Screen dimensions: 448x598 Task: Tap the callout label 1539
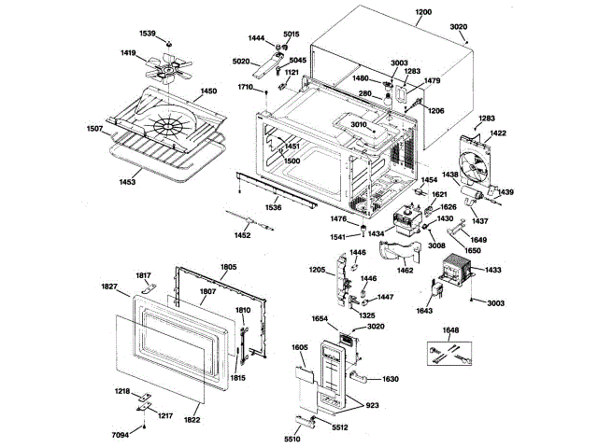click(x=147, y=34)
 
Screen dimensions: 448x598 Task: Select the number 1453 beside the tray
click(x=126, y=182)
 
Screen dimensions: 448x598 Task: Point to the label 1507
click(x=95, y=128)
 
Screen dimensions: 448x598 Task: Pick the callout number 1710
click(x=246, y=87)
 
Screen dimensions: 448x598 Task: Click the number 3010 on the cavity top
click(x=359, y=124)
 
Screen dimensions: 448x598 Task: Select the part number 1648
click(x=451, y=330)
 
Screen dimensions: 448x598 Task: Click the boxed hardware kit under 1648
click(x=451, y=356)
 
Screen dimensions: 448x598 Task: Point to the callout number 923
click(x=372, y=407)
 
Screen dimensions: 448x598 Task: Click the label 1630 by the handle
click(x=391, y=379)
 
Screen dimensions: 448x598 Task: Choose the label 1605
click(x=299, y=347)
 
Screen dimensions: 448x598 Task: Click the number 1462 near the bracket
click(x=405, y=271)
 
